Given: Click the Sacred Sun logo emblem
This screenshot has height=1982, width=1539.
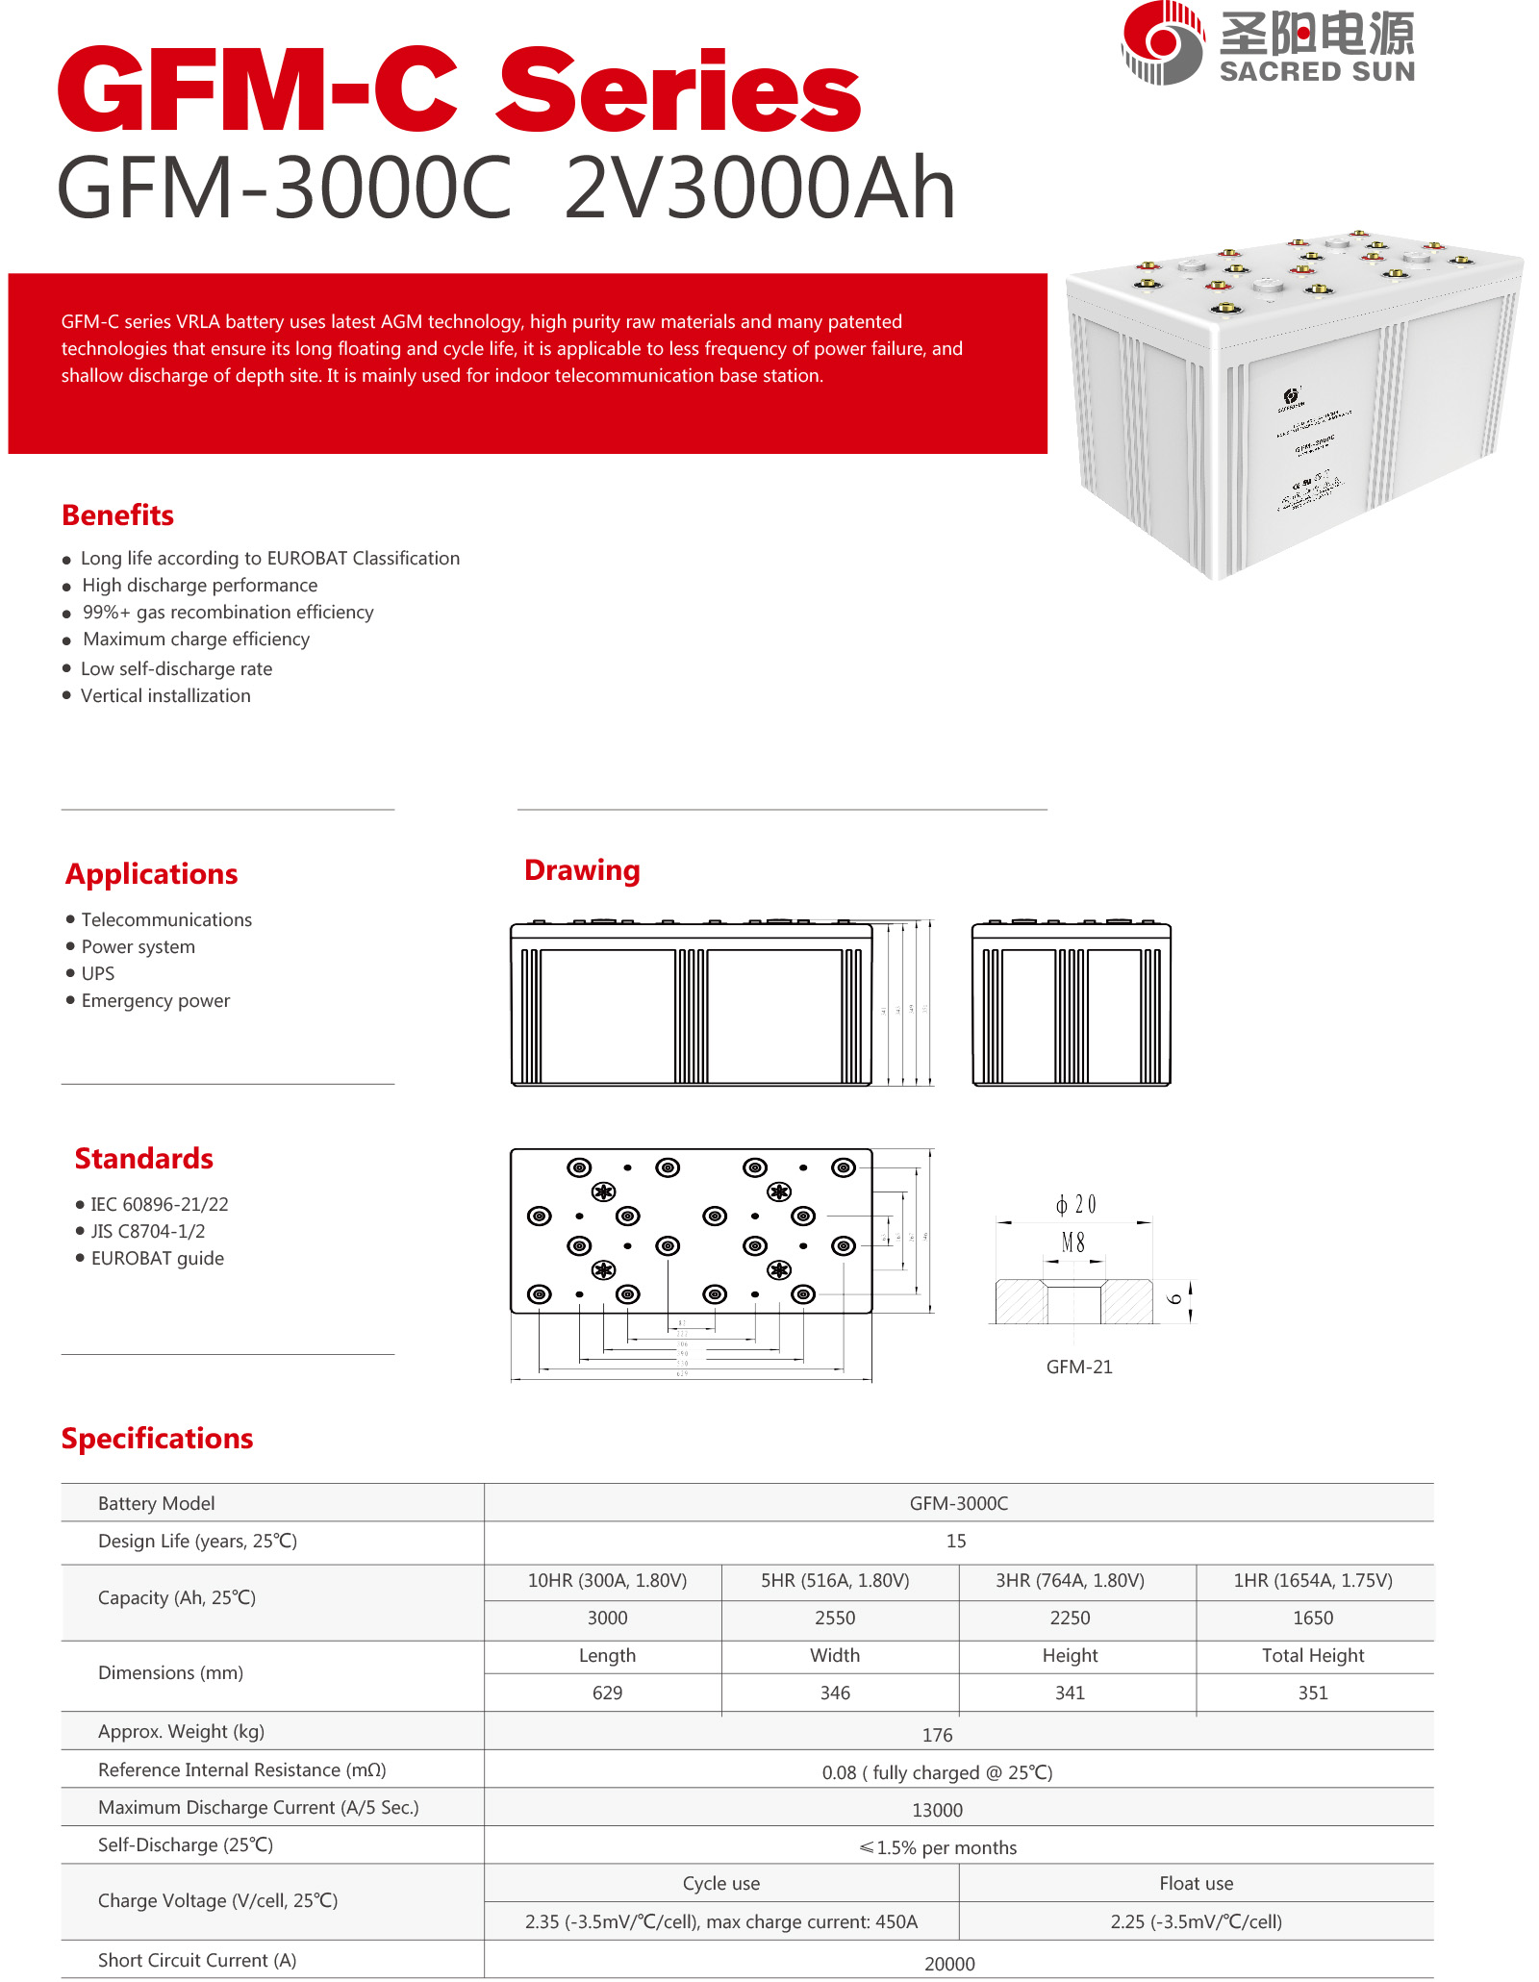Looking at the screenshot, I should tap(1162, 43).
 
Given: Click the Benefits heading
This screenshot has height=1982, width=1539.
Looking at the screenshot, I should tap(117, 515).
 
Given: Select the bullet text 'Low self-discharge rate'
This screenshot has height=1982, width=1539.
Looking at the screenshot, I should tap(176, 668).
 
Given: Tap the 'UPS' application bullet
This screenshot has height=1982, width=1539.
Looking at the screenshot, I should tap(97, 973).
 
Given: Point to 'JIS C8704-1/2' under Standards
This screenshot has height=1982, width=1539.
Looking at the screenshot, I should tap(147, 1231).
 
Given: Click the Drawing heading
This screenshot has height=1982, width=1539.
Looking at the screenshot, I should tap(582, 870).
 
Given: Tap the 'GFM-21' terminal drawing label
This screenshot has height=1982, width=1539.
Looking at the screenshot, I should tap(1079, 1367).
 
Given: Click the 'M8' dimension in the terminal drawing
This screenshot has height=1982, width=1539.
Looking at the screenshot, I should tap(1073, 1242).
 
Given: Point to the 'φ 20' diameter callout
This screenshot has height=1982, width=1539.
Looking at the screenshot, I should tap(1075, 1204).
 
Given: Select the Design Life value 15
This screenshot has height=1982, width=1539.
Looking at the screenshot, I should tap(956, 1541).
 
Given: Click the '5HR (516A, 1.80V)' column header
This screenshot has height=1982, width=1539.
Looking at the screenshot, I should tap(835, 1580).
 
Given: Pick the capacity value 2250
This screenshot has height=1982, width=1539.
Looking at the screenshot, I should tap(1070, 1618).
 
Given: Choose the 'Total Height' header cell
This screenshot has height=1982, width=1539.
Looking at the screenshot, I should tap(1313, 1655).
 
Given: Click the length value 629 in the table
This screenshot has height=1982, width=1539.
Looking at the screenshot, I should tap(607, 1693).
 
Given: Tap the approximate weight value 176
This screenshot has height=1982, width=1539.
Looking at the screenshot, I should tap(937, 1735).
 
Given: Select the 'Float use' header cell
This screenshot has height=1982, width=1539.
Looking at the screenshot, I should tap(1196, 1883).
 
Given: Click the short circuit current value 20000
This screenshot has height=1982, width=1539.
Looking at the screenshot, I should tap(949, 1964).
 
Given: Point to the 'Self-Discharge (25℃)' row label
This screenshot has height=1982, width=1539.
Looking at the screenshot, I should tap(186, 1844).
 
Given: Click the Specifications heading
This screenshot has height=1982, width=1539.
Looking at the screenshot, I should tap(157, 1439).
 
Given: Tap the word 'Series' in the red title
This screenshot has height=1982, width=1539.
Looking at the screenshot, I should tap(678, 91).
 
